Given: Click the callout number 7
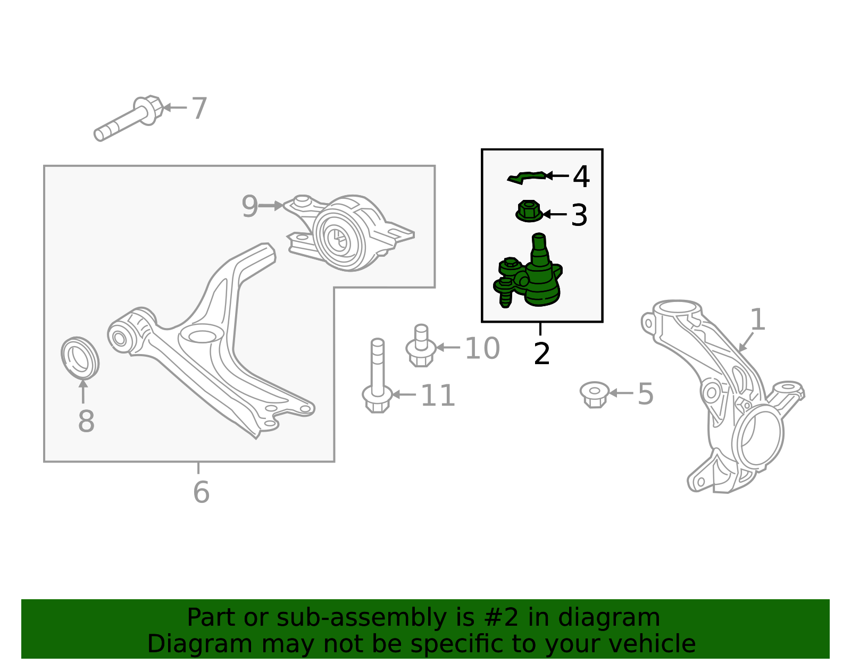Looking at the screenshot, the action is (199, 108).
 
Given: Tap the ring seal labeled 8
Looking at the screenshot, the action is (80, 358).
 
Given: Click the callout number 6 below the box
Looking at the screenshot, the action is (201, 492).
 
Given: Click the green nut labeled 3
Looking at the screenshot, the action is (529, 211).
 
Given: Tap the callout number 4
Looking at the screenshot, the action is (581, 177).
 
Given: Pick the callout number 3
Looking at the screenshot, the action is (579, 215).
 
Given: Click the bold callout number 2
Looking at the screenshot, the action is (541, 354).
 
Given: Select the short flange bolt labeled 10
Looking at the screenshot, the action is (421, 346).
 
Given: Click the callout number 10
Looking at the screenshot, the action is (482, 348).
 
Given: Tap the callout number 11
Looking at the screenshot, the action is (438, 396).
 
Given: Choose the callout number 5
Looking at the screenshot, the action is (646, 394).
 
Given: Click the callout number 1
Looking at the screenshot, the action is (757, 320).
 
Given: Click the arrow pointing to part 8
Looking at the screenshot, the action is (83, 391).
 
